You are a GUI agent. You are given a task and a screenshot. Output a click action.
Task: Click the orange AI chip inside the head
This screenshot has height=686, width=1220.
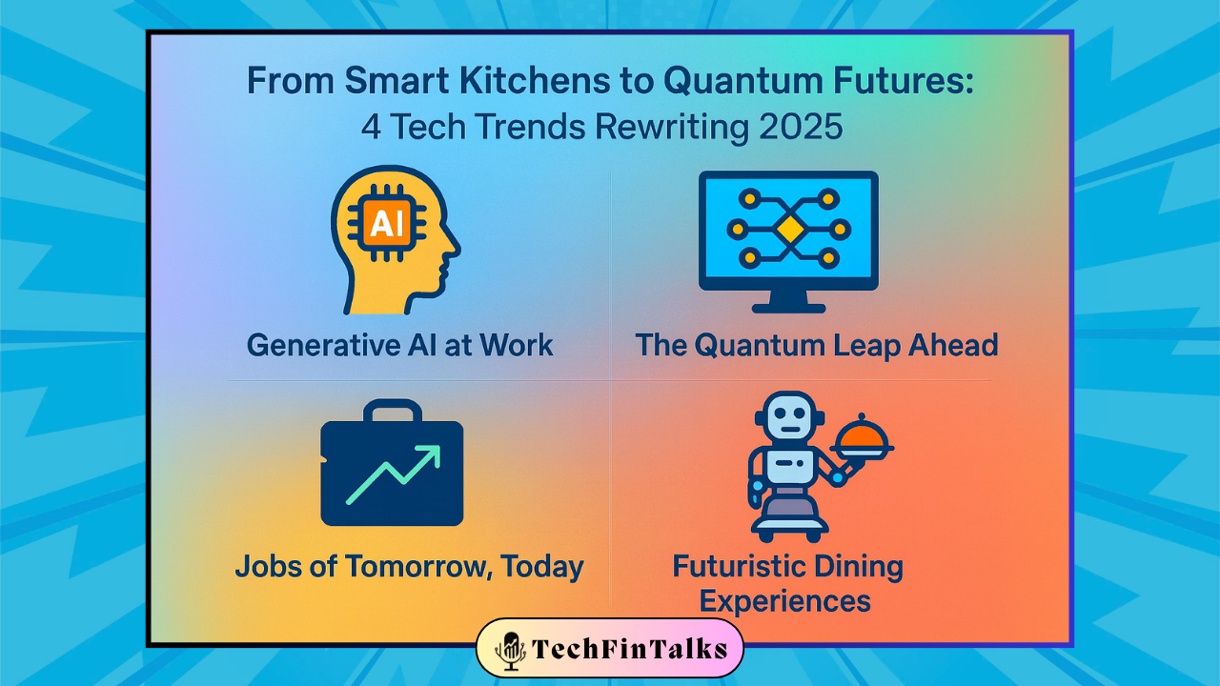[x=387, y=223]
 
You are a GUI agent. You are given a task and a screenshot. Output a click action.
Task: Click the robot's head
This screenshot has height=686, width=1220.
[x=790, y=416]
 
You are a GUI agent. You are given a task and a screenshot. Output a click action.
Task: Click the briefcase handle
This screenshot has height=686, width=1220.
[x=393, y=411]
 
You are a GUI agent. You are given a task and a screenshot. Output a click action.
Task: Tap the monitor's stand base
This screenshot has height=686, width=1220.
[x=788, y=309]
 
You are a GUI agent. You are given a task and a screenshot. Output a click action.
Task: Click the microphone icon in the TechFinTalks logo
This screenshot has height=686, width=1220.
[x=511, y=651]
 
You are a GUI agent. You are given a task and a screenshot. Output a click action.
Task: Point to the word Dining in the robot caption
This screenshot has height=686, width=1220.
[x=853, y=567]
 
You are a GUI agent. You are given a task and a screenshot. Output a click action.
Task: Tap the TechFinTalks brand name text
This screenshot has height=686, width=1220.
[x=630, y=649]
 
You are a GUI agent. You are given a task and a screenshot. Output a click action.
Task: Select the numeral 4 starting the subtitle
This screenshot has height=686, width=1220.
[x=371, y=128]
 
